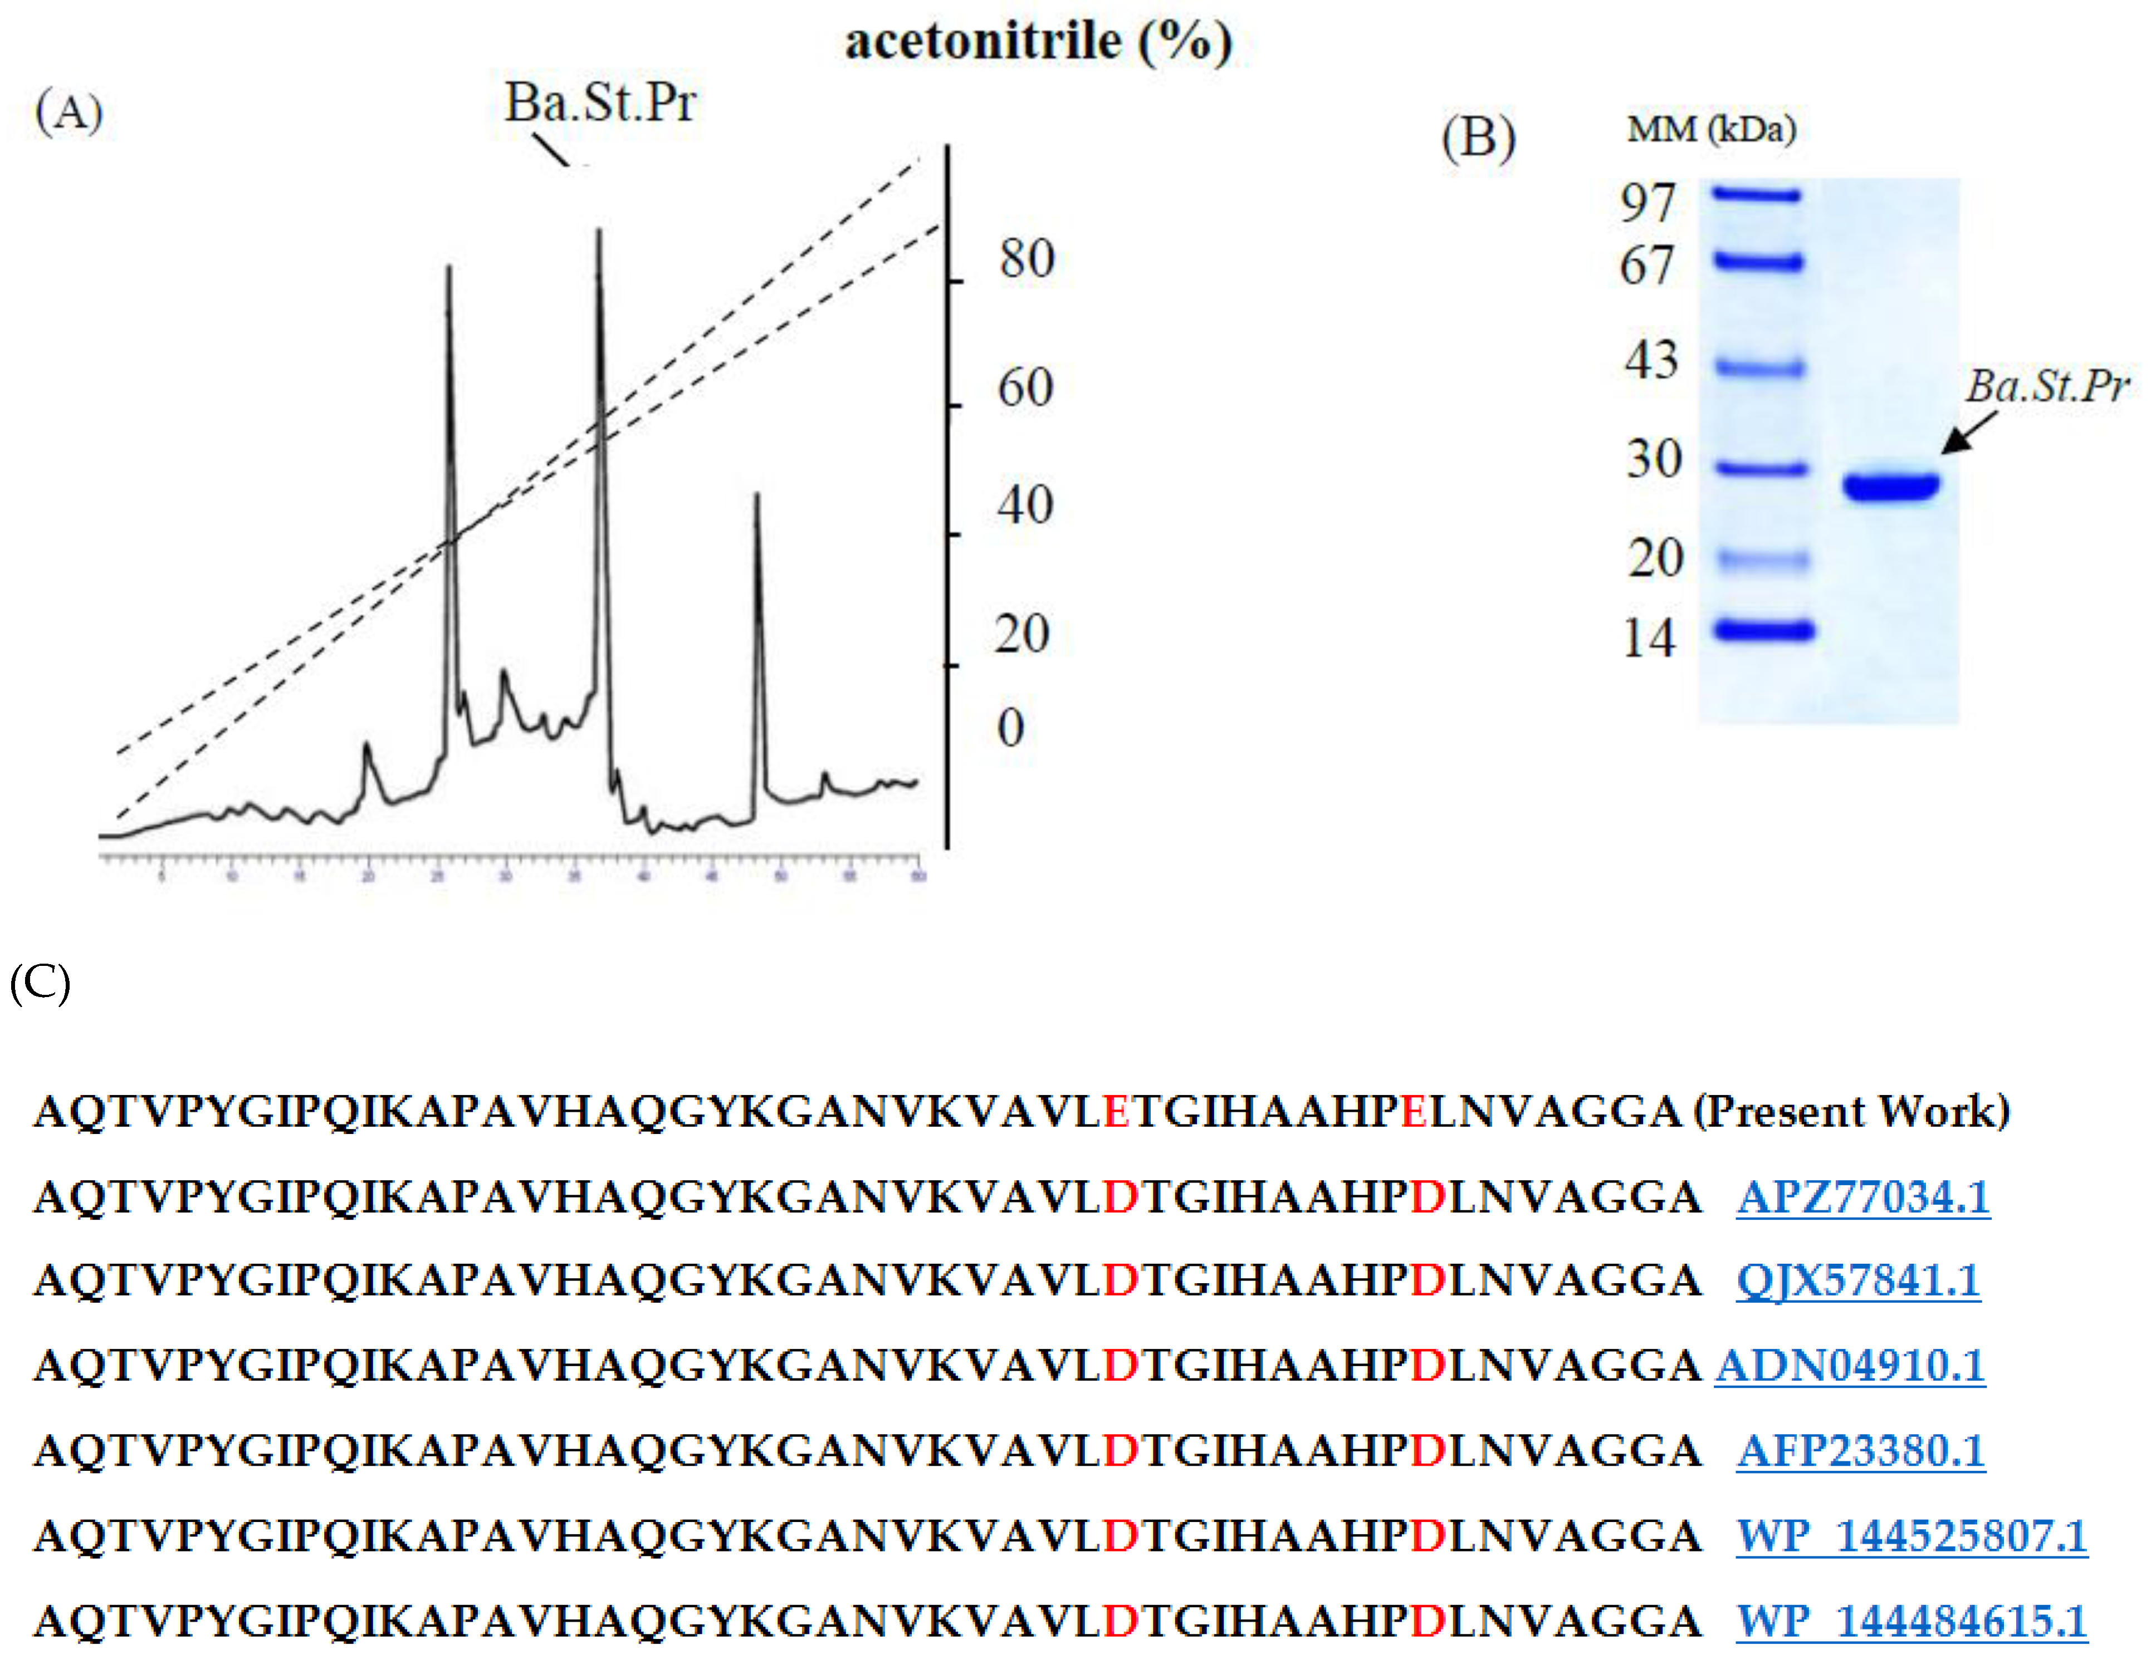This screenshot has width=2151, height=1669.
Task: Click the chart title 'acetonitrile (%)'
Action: pos(1038,41)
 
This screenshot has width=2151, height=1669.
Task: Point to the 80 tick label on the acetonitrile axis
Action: pos(1026,259)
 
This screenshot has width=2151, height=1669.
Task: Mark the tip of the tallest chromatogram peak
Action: pos(599,232)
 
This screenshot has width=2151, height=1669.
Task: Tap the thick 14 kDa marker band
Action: pos(1763,629)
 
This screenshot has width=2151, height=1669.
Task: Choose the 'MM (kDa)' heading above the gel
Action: pos(1712,129)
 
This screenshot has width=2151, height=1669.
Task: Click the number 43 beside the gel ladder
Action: pos(1651,360)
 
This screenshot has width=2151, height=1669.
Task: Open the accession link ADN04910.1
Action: pos(1850,1364)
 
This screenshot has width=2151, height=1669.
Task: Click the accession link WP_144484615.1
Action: pos(1911,1620)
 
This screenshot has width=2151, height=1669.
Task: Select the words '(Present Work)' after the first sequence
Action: pos(1851,1111)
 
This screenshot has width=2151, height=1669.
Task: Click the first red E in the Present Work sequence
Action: pos(1116,1111)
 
